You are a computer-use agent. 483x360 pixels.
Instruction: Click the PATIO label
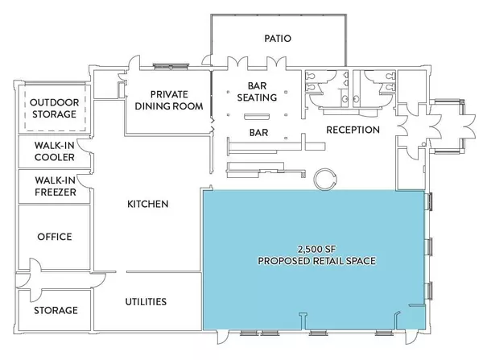point(277,38)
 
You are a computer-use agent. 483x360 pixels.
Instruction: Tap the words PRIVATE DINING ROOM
point(168,98)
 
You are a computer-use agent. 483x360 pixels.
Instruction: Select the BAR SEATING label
point(257,91)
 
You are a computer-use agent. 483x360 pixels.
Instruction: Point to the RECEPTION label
point(353,130)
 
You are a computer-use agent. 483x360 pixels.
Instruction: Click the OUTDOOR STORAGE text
point(54,108)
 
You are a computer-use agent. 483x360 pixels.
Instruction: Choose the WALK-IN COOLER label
point(54,151)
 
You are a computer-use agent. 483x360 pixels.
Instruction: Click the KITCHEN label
point(147,205)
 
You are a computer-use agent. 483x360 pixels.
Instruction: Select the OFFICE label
point(54,237)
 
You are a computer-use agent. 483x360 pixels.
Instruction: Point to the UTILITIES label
point(146,302)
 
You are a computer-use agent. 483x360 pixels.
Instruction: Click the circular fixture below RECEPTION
point(328,178)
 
